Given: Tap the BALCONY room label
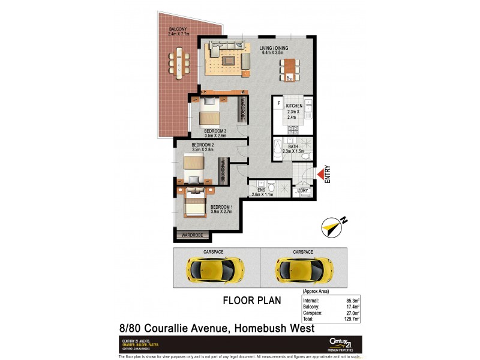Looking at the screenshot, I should pyautogui.click(x=178, y=29).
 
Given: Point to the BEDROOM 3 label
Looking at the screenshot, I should pyautogui.click(x=215, y=131).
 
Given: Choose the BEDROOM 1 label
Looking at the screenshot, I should pyautogui.click(x=222, y=208).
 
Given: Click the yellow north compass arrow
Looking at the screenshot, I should pyautogui.click(x=331, y=226).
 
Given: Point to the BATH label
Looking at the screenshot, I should pyautogui.click(x=293, y=146).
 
